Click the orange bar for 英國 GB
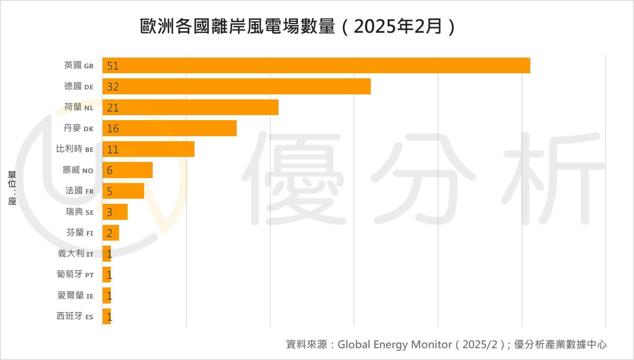click(316, 65)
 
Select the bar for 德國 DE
click(236, 87)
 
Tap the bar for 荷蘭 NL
click(190, 107)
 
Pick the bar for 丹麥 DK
click(169, 128)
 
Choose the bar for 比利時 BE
click(148, 149)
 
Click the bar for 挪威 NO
click(128, 170)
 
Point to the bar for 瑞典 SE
click(115, 212)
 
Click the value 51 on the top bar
click(113, 66)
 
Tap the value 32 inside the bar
click(113, 87)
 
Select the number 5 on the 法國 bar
click(109, 192)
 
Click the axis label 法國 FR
click(79, 191)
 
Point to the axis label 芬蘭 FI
click(80, 233)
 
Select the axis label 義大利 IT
click(75, 254)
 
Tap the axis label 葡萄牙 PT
click(75, 275)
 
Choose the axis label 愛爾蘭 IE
click(75, 296)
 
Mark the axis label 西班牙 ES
click(75, 316)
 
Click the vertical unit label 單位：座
click(12, 188)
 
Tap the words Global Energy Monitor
click(394, 345)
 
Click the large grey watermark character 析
click(554, 179)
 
